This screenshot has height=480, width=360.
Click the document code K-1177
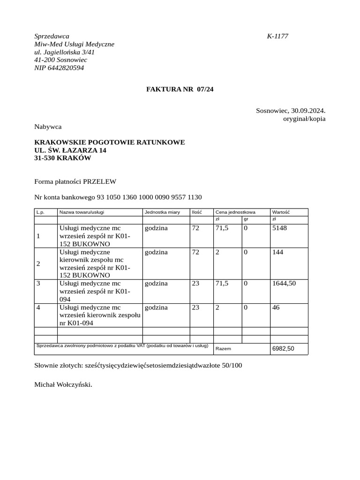pos(277,36)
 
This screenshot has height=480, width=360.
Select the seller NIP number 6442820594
pos(59,68)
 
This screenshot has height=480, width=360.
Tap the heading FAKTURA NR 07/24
pos(180,89)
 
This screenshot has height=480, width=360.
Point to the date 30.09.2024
pos(308,111)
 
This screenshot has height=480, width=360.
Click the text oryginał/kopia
pos(304,119)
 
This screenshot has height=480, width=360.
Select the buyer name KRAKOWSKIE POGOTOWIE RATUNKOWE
pos(110,142)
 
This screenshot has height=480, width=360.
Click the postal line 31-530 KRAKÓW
pos(63,158)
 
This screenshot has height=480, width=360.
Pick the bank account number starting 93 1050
pos(149,197)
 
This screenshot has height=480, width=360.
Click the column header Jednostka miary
pos(162,212)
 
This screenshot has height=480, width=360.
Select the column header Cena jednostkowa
pos(235,212)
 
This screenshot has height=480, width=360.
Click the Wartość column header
pos(281,212)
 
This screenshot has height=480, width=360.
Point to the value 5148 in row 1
pos(279,228)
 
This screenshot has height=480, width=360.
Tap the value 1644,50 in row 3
pos(284,284)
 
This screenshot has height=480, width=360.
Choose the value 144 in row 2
pos(278,252)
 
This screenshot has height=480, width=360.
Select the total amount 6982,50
pos(283,349)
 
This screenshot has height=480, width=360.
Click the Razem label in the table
pos(223,349)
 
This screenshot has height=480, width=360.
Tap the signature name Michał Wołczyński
pos(63,385)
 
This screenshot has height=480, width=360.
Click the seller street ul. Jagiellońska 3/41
pos(64,52)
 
